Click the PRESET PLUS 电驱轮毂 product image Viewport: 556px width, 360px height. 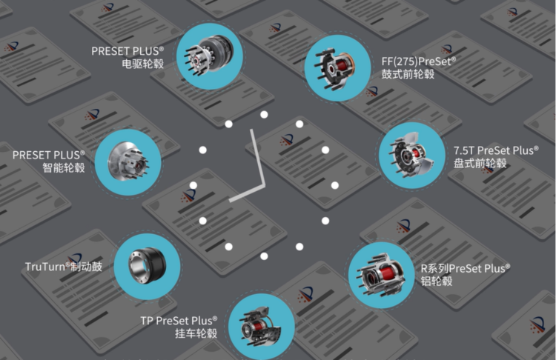tap(209, 56)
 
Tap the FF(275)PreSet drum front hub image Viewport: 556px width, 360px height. tap(337, 67)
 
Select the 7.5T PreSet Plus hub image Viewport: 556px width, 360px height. tap(412, 156)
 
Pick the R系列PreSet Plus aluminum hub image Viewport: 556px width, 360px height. tap(381, 276)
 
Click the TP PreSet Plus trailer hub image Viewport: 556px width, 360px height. tap(262, 327)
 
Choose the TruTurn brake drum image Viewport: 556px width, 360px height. tap(147, 266)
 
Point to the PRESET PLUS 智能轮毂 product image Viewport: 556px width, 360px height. tap(128, 162)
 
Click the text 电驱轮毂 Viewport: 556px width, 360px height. tap(143, 64)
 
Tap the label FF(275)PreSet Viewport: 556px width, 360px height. tap(418, 61)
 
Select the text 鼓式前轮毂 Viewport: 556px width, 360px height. tap(408, 74)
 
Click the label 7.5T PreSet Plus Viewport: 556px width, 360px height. tap(496, 150)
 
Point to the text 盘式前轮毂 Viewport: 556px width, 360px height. tap(480, 164)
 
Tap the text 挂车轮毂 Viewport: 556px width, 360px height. tap(196, 333)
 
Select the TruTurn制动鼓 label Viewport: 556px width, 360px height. tap(64, 267)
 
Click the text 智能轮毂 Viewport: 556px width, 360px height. tap(64, 167)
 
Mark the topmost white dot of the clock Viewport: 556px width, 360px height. tap(264, 115)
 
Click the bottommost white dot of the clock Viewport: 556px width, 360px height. tap(264, 256)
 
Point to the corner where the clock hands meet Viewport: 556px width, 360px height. tap(263, 185)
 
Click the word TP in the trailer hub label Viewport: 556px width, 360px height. tap(147, 321)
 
